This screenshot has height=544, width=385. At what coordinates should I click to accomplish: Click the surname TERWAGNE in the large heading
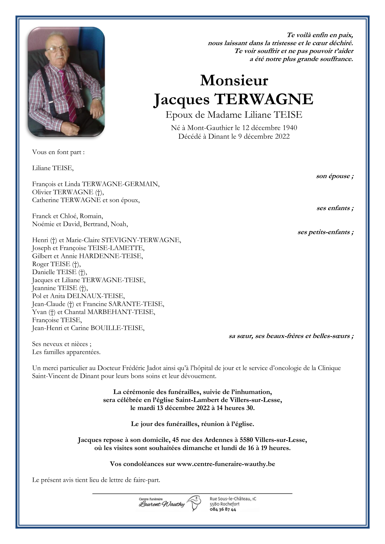pyautogui.click(x=264, y=99)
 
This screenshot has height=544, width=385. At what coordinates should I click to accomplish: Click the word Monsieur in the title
pyautogui.click(x=234, y=80)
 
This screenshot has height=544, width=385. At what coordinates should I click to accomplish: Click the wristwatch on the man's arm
pyautogui.click(x=97, y=99)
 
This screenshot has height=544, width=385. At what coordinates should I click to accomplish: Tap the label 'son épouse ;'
pyautogui.click(x=335, y=176)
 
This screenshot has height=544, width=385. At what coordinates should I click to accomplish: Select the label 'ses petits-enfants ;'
pyautogui.click(x=325, y=232)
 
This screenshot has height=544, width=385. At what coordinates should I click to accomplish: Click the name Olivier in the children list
pyautogui.click(x=42, y=192)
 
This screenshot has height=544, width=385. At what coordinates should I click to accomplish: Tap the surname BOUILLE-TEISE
pyautogui.click(x=118, y=328)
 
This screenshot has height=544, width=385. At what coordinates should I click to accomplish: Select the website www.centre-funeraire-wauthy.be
pyautogui.click(x=226, y=464)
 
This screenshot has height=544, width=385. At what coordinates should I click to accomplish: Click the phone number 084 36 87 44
pyautogui.click(x=223, y=510)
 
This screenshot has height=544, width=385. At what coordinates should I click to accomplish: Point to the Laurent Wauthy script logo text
pyautogui.click(x=161, y=504)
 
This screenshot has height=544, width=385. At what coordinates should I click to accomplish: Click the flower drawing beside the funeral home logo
pyautogui.click(x=195, y=503)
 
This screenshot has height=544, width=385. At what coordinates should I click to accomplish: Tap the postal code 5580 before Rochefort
pyautogui.click(x=214, y=504)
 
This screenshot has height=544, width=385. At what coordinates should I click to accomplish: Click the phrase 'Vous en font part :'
pyautogui.click(x=58, y=152)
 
